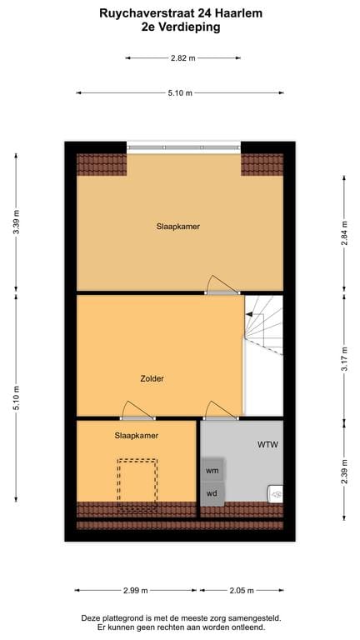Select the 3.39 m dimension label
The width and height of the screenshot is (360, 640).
[x=17, y=222]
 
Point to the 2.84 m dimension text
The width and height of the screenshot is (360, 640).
[x=344, y=233]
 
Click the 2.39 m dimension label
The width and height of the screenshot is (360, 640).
[x=344, y=472]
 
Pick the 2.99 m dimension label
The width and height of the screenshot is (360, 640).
[x=135, y=590]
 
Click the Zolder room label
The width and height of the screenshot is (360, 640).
[x=152, y=378]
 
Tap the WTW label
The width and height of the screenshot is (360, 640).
[x=267, y=444]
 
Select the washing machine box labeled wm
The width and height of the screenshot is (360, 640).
[x=212, y=471]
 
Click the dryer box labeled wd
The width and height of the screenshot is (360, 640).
[x=212, y=494]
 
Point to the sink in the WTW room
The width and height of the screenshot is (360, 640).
[x=275, y=494]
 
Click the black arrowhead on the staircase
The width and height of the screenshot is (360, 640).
[x=248, y=314]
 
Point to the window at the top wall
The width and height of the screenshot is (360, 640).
[x=183, y=147]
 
